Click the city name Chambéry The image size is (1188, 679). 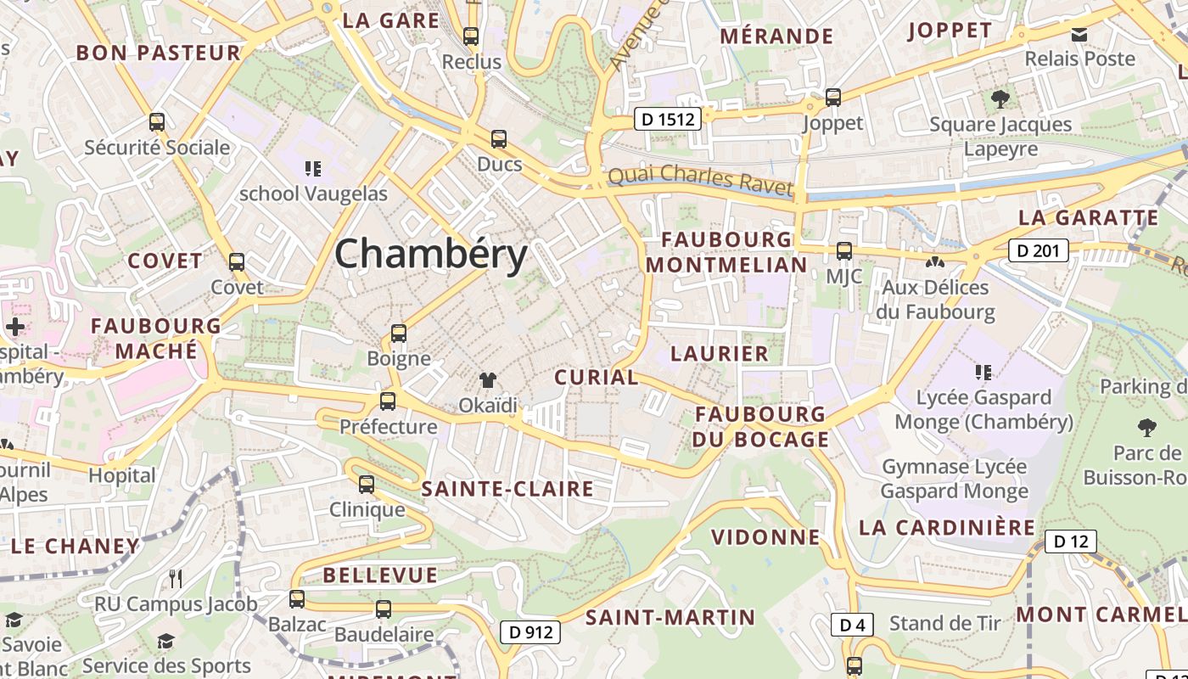click(431, 254)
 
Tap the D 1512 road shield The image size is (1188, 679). click(669, 120)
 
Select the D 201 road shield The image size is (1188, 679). click(1038, 250)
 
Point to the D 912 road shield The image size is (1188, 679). click(530, 631)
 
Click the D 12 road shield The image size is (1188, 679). click(1070, 542)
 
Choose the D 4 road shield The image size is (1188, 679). click(852, 625)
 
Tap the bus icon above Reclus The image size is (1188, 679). click(471, 36)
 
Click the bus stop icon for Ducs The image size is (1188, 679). click(499, 138)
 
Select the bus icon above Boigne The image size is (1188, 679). click(399, 334)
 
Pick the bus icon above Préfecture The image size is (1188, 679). click(388, 401)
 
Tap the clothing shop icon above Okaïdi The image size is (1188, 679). click(488, 380)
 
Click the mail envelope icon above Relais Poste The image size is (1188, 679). click(1079, 34)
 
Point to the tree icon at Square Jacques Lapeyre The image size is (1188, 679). click(1000, 98)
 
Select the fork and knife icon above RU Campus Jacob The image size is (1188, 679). click(176, 579)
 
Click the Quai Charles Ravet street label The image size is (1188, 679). click(700, 180)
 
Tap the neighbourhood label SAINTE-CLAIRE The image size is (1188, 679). click(507, 489)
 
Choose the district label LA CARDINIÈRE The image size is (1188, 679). click(947, 527)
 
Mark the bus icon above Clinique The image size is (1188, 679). click(367, 485)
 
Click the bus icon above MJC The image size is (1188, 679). click(843, 250)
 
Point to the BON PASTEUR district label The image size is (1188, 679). click(159, 53)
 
